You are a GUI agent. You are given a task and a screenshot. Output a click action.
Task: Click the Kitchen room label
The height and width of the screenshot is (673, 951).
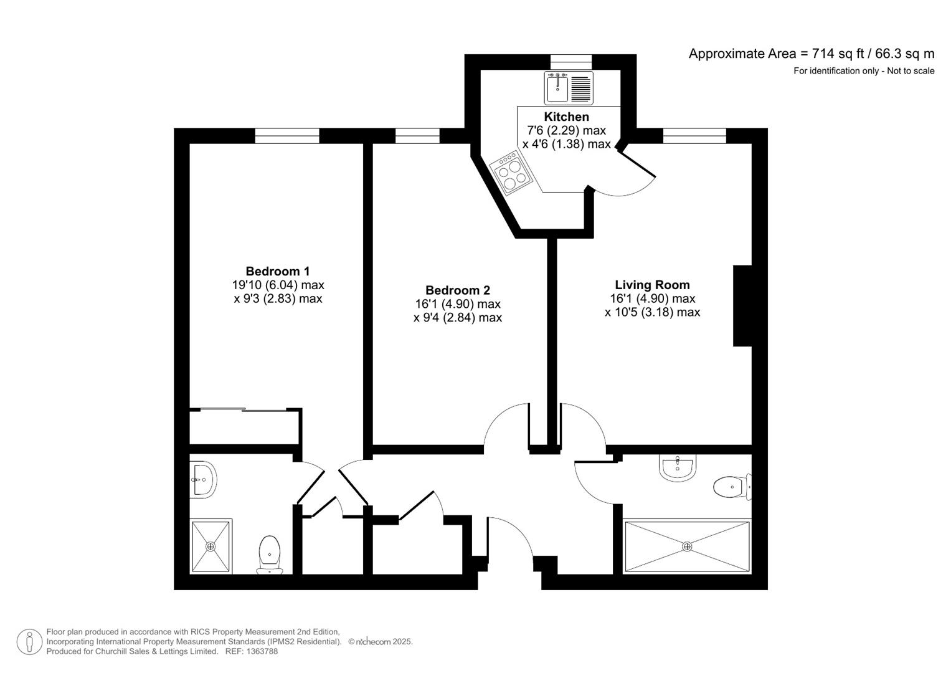tap(566, 117)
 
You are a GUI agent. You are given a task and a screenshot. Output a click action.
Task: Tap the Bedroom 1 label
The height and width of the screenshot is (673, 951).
tap(278, 271)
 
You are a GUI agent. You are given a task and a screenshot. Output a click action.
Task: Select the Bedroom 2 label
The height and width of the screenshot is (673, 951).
tap(457, 290)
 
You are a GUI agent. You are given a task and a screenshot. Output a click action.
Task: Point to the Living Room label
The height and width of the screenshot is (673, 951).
tap(652, 285)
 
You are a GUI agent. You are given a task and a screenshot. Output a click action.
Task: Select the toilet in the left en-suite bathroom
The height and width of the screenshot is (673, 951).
tap(269, 554)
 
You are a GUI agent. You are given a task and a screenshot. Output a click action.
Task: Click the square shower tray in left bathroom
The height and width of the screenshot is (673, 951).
tap(211, 547)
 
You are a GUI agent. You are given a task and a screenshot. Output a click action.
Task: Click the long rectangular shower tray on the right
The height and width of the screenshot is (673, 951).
tap(687, 547)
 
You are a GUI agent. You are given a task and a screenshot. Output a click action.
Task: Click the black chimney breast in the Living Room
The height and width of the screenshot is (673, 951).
tap(742, 305)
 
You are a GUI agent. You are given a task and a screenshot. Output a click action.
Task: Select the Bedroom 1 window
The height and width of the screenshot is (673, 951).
tap(287, 135)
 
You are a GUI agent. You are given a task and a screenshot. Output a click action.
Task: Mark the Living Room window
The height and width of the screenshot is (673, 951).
tap(694, 135)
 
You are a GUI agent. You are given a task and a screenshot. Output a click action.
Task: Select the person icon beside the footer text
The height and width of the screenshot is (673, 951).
tap(29, 642)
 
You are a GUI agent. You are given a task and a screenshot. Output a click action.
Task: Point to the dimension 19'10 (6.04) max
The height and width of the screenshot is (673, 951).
tap(278, 285)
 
